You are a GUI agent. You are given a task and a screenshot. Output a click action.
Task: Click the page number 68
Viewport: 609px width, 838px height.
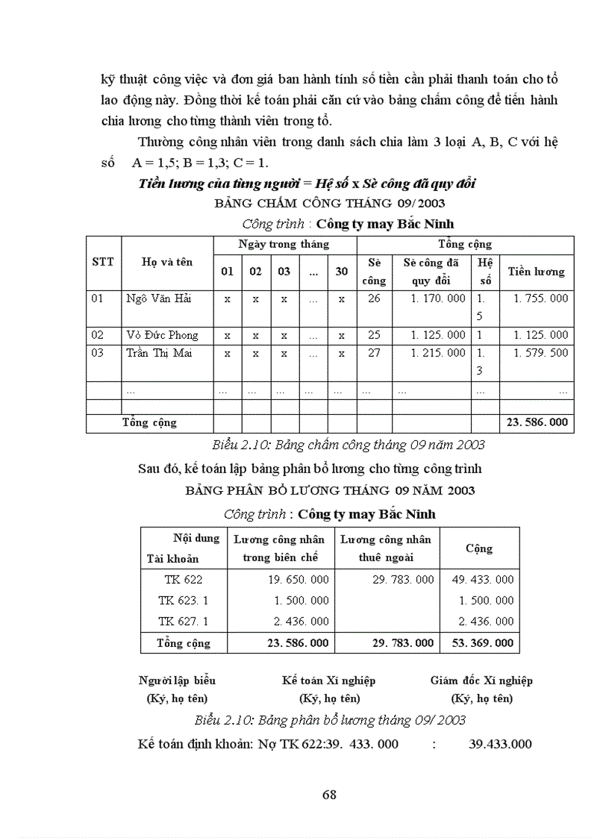329,795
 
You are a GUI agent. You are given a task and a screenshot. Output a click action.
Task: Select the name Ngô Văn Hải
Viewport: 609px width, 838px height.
158,298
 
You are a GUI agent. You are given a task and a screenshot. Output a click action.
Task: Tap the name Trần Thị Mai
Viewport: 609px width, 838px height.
159,353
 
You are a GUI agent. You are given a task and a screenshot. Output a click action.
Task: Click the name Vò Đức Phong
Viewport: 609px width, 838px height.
162,335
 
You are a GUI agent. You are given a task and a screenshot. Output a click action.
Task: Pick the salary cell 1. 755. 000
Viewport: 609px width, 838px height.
540,298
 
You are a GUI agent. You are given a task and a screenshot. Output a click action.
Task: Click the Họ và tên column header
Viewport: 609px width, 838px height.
167,262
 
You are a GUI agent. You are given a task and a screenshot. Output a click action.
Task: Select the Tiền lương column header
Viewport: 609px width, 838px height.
537,272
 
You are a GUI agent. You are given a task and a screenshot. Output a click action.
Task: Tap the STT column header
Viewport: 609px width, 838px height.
103,262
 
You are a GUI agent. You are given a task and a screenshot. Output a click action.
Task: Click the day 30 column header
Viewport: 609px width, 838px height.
341,272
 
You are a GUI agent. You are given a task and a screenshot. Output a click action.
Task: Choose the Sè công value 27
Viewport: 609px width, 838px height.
374,353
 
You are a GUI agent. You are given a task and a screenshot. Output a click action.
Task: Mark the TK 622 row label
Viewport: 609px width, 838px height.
184,579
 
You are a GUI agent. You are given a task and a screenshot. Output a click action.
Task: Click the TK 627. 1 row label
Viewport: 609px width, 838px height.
184,621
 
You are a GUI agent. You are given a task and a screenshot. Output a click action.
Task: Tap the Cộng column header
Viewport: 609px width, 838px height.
479,548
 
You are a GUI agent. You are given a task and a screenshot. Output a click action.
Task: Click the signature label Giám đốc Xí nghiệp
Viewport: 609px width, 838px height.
481,681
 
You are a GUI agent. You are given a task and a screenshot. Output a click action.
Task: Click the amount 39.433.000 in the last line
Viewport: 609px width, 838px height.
500,744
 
